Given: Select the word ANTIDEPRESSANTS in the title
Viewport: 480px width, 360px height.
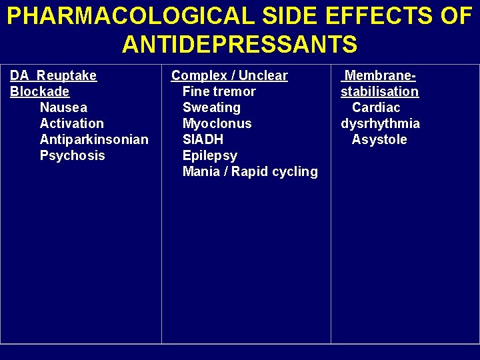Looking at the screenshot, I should [240, 45].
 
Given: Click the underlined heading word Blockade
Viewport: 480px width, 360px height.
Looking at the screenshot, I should [40, 91].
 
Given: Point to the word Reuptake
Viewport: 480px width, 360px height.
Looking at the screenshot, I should [67, 75].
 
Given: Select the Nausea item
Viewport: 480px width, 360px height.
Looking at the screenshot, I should [63, 107].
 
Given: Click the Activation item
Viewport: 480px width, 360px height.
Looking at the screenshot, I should [71, 123].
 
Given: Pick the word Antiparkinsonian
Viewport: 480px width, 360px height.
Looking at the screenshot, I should [94, 139].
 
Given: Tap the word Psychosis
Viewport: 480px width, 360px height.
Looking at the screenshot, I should [72, 155].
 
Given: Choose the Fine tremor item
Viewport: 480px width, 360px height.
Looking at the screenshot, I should [219, 91].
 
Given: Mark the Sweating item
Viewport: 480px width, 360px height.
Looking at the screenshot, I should [211, 107].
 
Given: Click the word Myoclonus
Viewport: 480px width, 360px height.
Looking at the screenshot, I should [217, 123].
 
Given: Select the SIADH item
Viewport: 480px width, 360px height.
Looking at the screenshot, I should [203, 139].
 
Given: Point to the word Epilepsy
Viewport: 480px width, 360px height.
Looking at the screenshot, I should [209, 155].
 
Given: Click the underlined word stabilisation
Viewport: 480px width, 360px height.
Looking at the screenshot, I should [379, 91].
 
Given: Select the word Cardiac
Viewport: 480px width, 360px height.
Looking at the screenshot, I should [376, 107].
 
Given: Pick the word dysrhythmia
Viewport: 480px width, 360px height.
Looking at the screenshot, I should [380, 123].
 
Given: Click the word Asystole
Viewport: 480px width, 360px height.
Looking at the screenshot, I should [379, 139].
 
